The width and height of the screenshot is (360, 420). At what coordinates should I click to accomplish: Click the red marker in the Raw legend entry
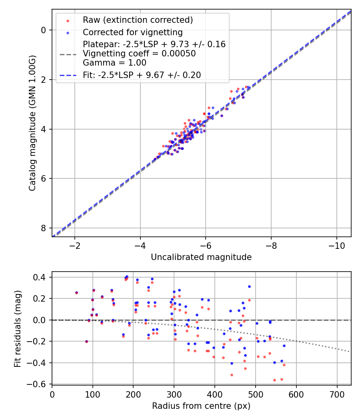(x=68, y=20)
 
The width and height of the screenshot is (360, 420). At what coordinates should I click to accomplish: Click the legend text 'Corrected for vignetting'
(x=132, y=32)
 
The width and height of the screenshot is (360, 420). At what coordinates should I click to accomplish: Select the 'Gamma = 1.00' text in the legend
(x=114, y=63)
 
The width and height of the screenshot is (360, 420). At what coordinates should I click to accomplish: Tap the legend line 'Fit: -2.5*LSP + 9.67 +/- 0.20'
(x=142, y=75)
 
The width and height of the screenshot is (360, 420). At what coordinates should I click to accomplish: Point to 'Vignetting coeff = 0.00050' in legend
(x=139, y=54)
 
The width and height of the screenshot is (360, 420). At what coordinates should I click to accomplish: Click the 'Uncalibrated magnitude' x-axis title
(x=201, y=257)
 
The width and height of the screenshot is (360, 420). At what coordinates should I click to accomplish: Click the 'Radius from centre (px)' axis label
(x=201, y=406)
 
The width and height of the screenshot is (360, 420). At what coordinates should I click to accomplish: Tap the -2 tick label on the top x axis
(x=75, y=245)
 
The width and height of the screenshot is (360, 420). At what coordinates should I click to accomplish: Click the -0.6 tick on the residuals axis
(x=38, y=384)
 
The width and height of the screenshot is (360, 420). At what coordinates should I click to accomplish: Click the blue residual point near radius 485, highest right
(x=249, y=286)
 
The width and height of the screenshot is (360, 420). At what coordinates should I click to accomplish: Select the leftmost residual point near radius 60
(x=76, y=292)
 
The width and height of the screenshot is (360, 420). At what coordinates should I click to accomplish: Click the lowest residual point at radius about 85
(x=86, y=341)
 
